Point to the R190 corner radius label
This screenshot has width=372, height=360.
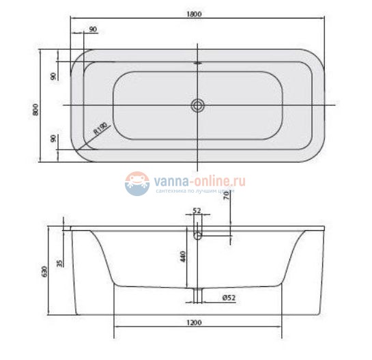click(x=100, y=129)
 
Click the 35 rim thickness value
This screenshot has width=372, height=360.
click(x=61, y=262)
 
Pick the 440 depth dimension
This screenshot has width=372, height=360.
click(x=182, y=257)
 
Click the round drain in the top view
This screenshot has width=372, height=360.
click(x=198, y=105)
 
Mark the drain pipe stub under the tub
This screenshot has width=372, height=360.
click(x=198, y=294)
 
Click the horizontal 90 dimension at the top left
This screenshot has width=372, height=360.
click(x=92, y=29)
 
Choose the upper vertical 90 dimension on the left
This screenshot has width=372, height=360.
click(x=53, y=76)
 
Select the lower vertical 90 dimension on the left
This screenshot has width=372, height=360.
click(x=53, y=138)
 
